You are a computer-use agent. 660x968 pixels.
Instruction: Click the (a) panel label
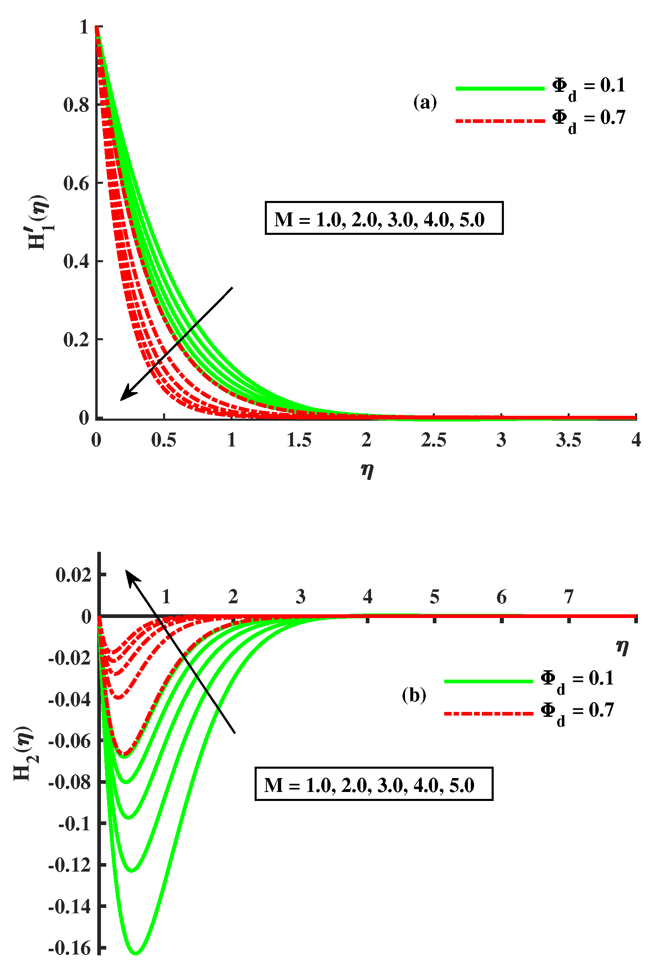tap(425, 102)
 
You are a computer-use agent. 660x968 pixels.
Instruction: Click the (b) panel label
tap(414, 695)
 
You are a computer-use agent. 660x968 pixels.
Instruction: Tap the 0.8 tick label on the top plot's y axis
tap(76, 105)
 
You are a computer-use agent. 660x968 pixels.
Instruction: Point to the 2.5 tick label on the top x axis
tap(433, 440)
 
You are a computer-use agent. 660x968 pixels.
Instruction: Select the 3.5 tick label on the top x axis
tap(568, 440)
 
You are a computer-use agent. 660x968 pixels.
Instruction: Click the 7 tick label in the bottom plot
tap(569, 597)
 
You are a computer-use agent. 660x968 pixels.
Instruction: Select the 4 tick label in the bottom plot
tap(367, 597)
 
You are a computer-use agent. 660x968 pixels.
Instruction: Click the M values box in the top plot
tap(384, 218)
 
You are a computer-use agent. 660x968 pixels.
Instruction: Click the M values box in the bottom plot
tap(374, 784)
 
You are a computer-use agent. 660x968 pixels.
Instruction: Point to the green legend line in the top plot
tap(499, 88)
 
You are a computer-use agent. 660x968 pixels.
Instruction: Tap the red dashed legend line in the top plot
tap(499, 121)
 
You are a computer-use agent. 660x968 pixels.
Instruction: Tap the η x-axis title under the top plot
tap(367, 471)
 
